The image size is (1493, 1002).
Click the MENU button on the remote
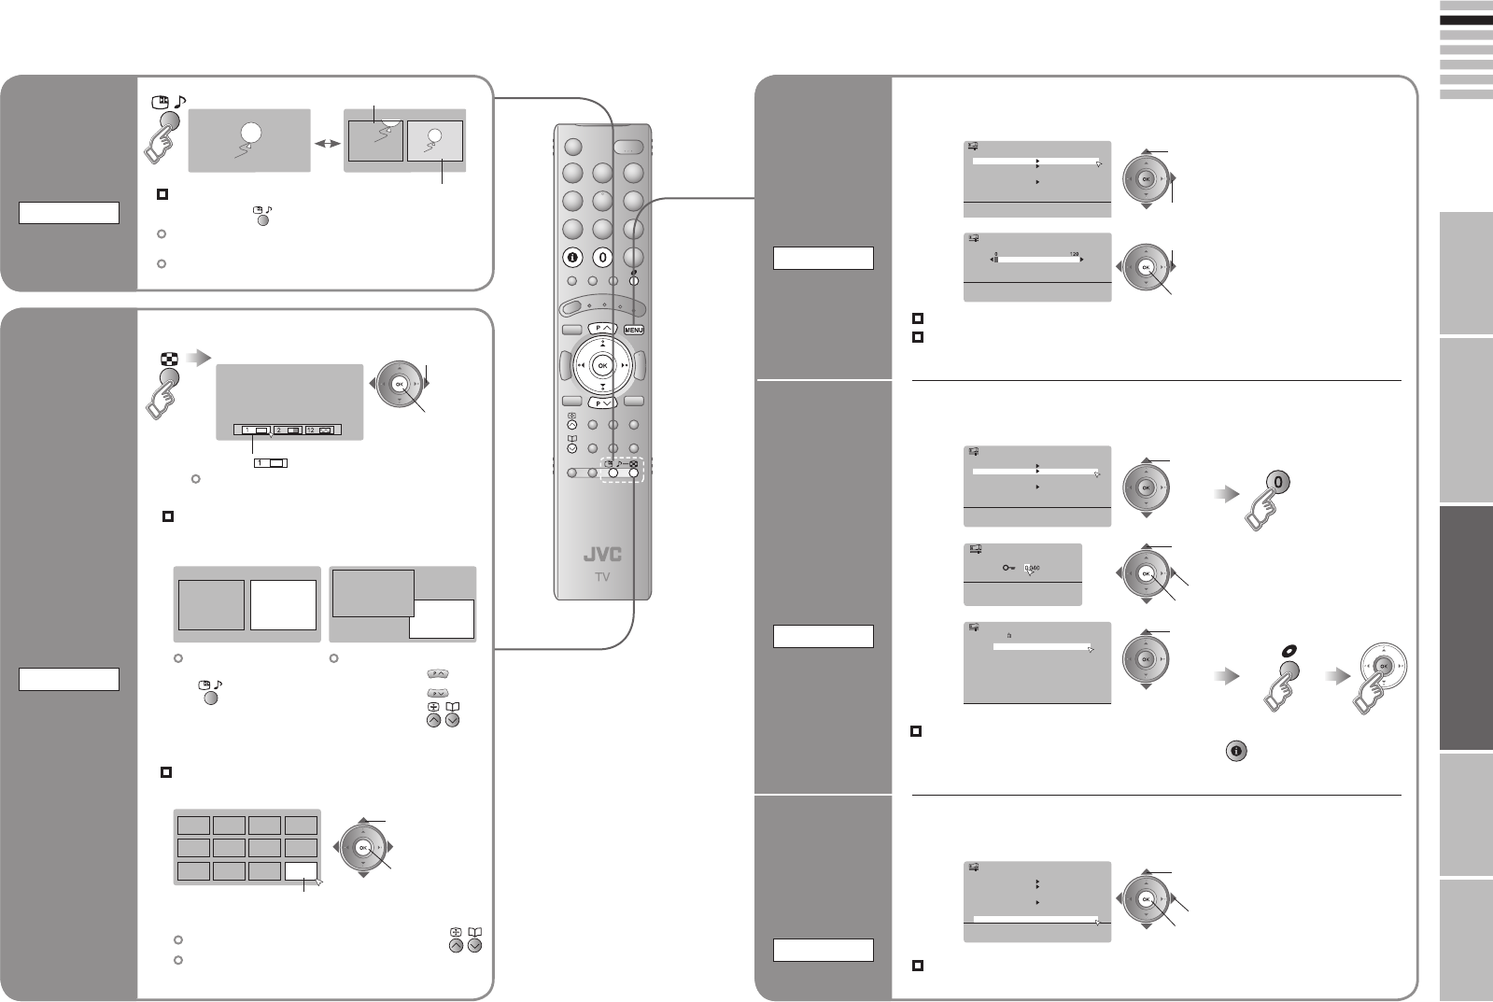pos(634,330)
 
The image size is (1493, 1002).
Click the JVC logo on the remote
pos(602,554)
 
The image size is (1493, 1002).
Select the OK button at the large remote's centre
pos(602,365)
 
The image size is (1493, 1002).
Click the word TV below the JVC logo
pos(602,577)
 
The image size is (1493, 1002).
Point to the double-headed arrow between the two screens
pos(327,146)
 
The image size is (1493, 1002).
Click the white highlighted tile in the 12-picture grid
pos(302,871)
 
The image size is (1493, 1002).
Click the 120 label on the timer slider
pos(1073,253)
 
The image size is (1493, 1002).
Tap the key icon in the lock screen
pos(1009,567)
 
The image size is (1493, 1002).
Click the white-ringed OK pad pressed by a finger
pos(1384,665)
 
